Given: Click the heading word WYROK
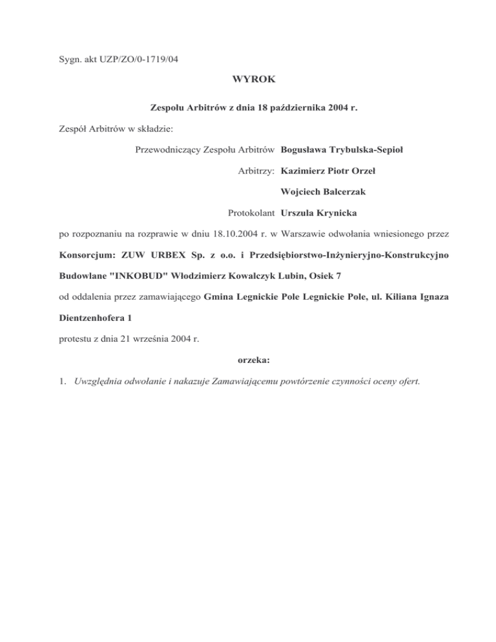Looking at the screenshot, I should click(248, 81).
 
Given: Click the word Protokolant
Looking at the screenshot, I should click(252, 212).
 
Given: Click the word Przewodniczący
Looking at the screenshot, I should click(166, 150).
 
